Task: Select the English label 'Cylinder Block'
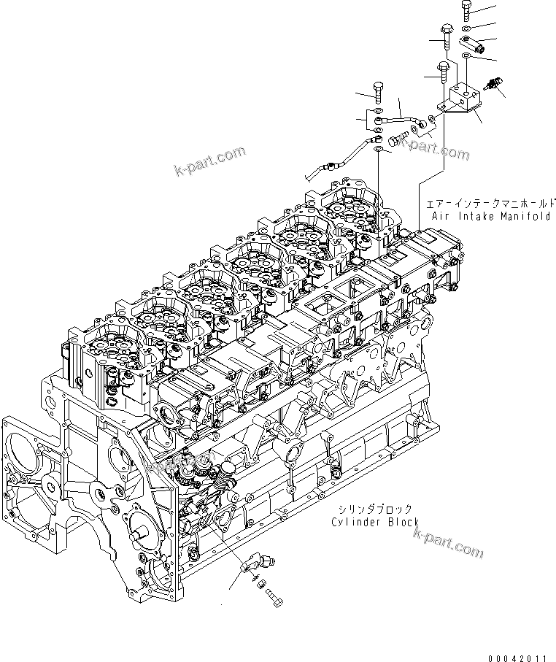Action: pos(374,522)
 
